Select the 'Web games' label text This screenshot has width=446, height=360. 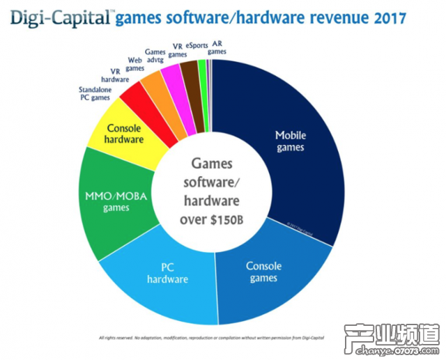coord(137,63)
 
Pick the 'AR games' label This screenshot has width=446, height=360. coord(217,47)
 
